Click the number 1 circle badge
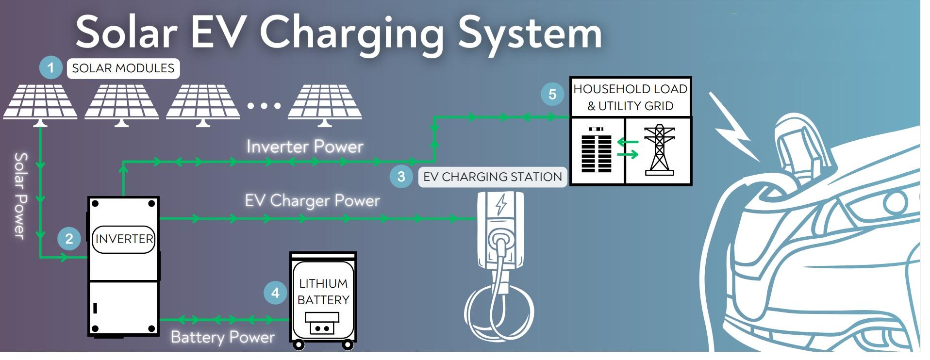pyautogui.click(x=50, y=67)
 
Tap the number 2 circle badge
pyautogui.click(x=69, y=238)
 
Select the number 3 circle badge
pyautogui.click(x=401, y=176)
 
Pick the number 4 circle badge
pyautogui.click(x=275, y=293)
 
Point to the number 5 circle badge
pyautogui.click(x=552, y=94)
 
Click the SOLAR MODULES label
pyautogui.click(x=123, y=68)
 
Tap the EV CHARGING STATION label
pyautogui.click(x=493, y=177)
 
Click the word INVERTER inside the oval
pyautogui.click(x=124, y=239)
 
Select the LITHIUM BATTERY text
pyautogui.click(x=323, y=292)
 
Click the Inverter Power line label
pyautogui.click(x=305, y=147)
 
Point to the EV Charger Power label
pyautogui.click(x=312, y=200)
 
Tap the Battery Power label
pyautogui.click(x=223, y=337)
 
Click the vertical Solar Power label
pyautogui.click(x=20, y=196)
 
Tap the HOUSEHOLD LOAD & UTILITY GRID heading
pyautogui.click(x=630, y=97)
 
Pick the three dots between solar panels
pyautogui.click(x=264, y=105)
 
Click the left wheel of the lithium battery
pyautogui.click(x=299, y=345)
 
